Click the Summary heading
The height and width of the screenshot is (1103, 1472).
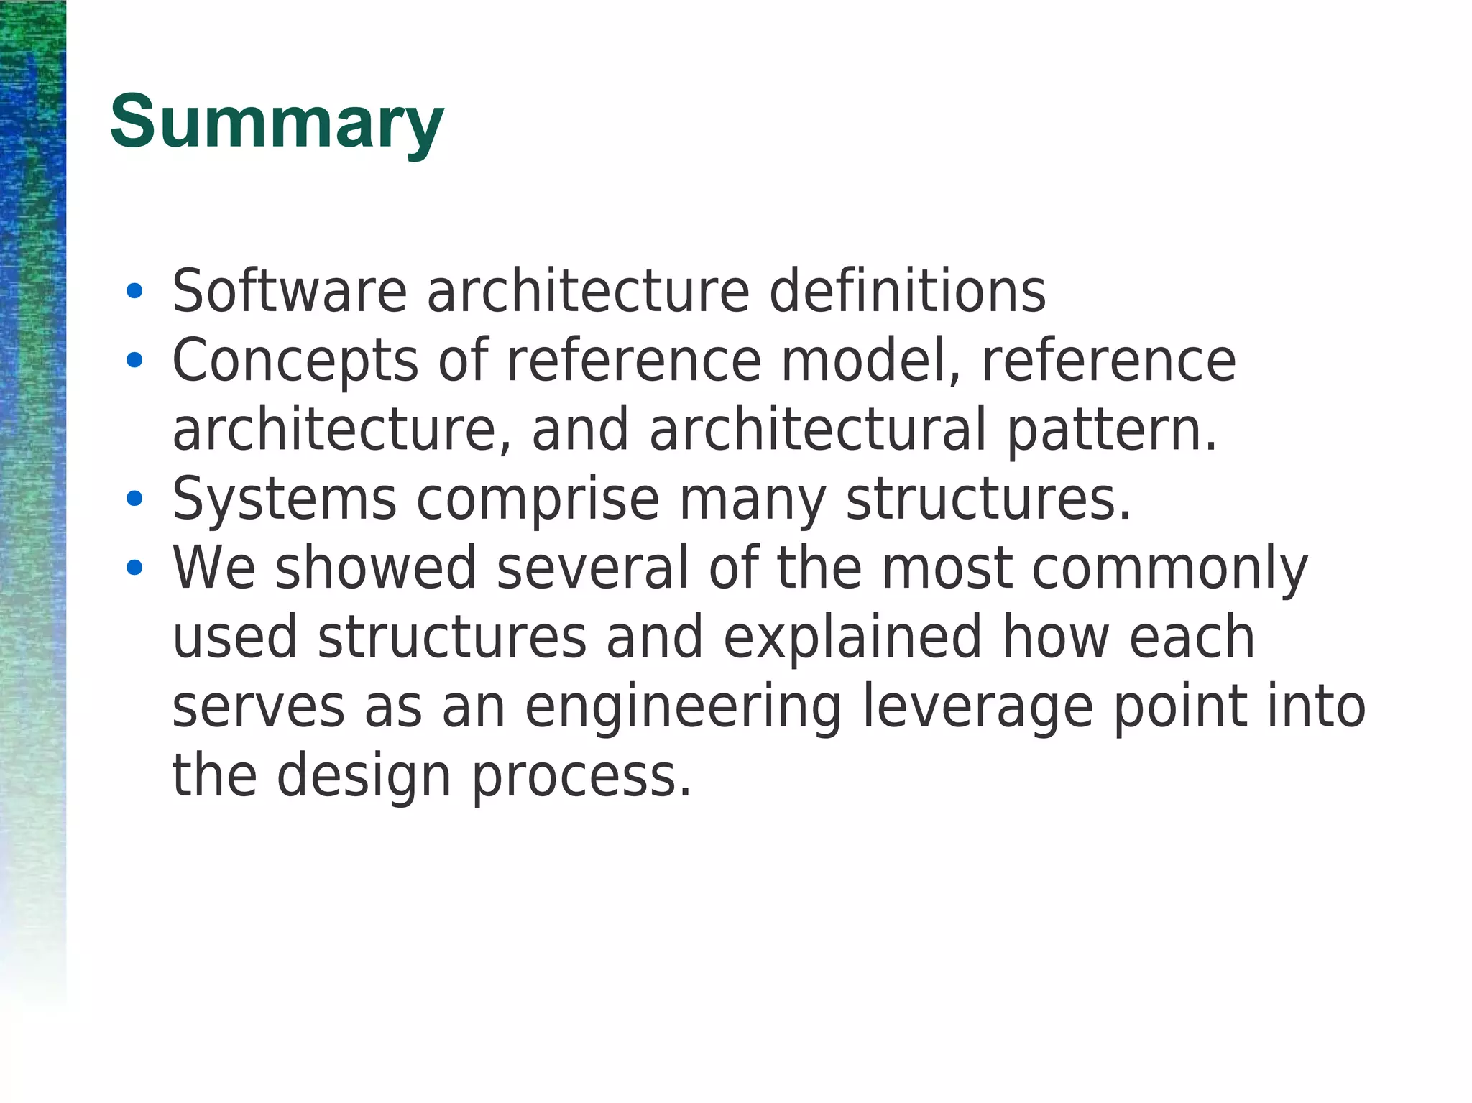(277, 124)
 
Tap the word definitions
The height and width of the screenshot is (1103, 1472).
(907, 291)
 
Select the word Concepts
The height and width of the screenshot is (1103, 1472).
(295, 361)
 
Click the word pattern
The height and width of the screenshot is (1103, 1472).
(1111, 430)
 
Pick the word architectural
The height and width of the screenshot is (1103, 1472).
(818, 429)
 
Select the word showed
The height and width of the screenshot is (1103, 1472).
(376, 568)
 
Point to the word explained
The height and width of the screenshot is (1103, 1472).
(852, 637)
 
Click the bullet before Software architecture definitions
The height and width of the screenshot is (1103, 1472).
(134, 292)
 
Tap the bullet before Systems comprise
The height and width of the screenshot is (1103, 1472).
(134, 499)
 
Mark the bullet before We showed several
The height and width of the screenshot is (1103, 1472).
(134, 568)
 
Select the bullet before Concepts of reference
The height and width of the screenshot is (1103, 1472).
(134, 361)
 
